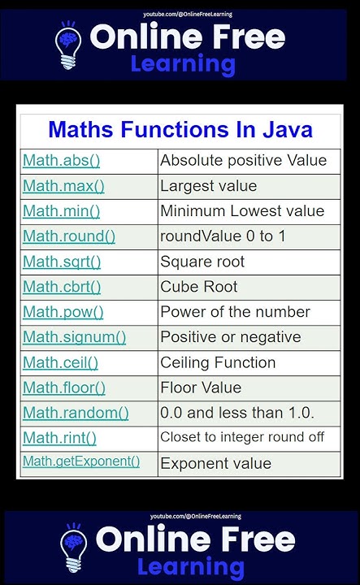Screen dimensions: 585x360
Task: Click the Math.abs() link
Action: coord(61,161)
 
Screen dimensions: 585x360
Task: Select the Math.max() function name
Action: coord(63,186)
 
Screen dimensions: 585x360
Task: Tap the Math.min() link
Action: coord(61,211)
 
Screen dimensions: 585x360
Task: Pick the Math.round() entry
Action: coord(69,236)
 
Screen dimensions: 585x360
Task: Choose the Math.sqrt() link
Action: coord(62,262)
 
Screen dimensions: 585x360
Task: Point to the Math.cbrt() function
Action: coord(62,287)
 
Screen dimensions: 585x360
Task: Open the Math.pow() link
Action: coord(63,312)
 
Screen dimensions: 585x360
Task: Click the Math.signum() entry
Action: coord(74,337)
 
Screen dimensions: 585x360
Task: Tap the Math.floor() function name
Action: coord(64,388)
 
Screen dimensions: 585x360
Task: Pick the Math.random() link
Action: coord(76,413)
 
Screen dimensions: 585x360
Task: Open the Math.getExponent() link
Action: coord(81,462)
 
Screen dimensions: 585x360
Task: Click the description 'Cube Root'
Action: coord(199,287)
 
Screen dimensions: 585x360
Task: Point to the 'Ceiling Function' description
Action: coord(218,362)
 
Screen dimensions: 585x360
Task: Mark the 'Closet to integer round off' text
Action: coord(242,437)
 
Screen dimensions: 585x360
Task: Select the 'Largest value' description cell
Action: coord(209,186)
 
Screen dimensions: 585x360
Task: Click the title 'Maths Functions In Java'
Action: coord(180,130)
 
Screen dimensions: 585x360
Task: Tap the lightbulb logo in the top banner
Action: coord(68,46)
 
